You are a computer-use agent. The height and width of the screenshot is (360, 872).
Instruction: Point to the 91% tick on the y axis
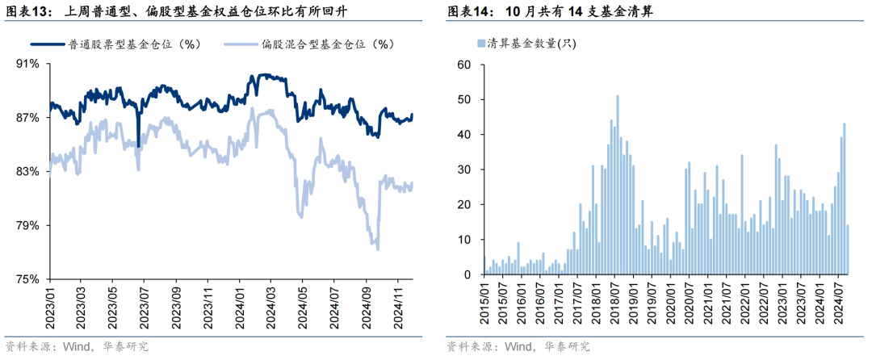pos(27,64)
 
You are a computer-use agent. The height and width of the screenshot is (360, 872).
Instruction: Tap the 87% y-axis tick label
pos(27,118)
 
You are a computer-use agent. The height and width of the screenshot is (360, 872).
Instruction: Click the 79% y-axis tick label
pos(27,225)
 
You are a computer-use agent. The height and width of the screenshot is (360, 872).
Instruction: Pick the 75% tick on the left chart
pos(27,279)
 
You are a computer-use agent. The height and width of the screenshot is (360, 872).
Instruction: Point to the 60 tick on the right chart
pos(463,64)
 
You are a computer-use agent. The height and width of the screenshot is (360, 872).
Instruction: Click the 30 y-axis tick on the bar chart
pos(463,170)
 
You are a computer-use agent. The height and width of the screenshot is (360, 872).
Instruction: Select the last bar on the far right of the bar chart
pos(848,250)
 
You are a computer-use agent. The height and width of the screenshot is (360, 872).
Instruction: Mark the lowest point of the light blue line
pos(377,249)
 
